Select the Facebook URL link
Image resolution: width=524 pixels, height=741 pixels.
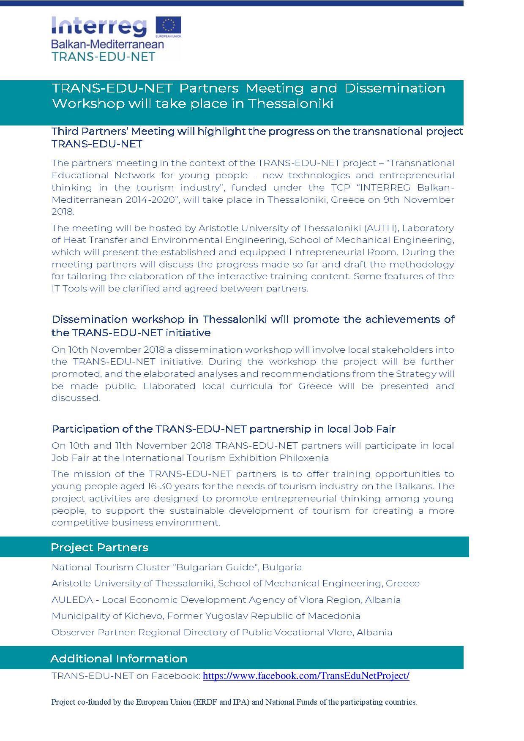tap(306, 676)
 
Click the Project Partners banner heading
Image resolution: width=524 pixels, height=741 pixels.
tap(99, 548)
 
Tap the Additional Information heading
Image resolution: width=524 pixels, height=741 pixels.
tap(119, 659)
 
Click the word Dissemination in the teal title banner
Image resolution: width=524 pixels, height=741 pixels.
tap(395, 88)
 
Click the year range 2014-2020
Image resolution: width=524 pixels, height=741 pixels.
tap(150, 199)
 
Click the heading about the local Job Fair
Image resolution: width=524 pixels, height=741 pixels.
tap(223, 429)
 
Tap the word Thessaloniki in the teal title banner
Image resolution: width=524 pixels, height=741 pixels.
tap(291, 104)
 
